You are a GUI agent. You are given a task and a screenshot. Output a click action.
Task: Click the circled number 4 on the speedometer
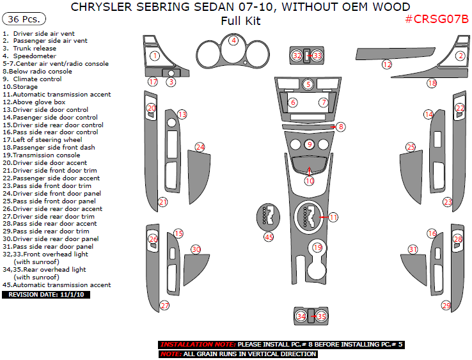pos(234,40)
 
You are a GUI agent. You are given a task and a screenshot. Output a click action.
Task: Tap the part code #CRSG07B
pos(437,19)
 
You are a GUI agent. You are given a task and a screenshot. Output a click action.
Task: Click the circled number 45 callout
pos(269,237)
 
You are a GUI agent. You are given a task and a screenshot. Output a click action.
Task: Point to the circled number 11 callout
pos(333,217)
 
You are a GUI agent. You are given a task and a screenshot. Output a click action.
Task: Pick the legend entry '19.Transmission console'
pos(42,155)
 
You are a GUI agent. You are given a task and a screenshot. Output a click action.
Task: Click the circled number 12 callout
pos(386,65)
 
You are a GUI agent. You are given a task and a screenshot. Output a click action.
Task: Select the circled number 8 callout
pos(341,127)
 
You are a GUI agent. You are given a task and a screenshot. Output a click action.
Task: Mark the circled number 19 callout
pos(317,247)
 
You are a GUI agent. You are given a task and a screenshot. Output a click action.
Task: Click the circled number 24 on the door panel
pos(200,147)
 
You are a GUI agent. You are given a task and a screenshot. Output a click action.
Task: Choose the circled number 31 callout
pos(413,249)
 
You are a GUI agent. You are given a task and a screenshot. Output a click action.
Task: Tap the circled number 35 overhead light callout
pos(322,316)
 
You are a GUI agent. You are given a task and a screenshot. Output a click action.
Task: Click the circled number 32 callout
pos(297,56)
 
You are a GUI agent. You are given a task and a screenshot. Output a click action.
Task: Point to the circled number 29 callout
pos(446,306)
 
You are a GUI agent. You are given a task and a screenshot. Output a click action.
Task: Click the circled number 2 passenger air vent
pos(459,56)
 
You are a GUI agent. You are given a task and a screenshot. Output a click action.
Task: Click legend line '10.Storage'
pos(20,87)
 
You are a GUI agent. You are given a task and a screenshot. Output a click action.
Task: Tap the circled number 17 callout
pos(152,82)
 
